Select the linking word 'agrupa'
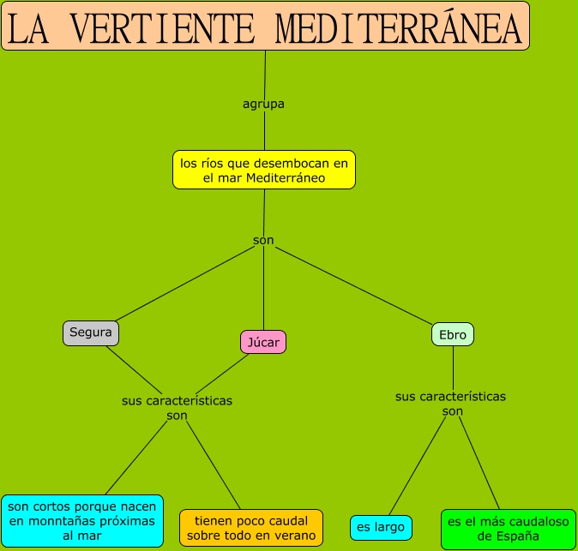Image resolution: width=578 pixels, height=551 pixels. [263, 104]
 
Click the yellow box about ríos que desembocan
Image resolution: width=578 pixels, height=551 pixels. [263, 171]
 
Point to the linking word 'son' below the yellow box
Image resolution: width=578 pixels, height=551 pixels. [263, 241]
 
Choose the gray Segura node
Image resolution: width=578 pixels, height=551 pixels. [91, 332]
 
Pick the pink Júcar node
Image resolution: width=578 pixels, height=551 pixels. [262, 342]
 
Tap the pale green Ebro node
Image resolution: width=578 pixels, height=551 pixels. [453, 335]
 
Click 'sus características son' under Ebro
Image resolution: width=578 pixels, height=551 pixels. [451, 404]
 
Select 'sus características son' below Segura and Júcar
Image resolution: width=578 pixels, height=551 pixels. [177, 408]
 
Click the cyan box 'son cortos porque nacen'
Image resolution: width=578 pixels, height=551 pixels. [81, 521]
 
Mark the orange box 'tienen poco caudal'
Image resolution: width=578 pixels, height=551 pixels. [250, 528]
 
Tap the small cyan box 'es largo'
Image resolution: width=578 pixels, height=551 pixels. [381, 528]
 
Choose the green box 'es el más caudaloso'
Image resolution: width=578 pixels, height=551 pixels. [509, 529]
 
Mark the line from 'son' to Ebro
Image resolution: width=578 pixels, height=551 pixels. [352, 285]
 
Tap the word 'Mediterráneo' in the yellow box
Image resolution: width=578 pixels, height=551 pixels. [286, 179]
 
